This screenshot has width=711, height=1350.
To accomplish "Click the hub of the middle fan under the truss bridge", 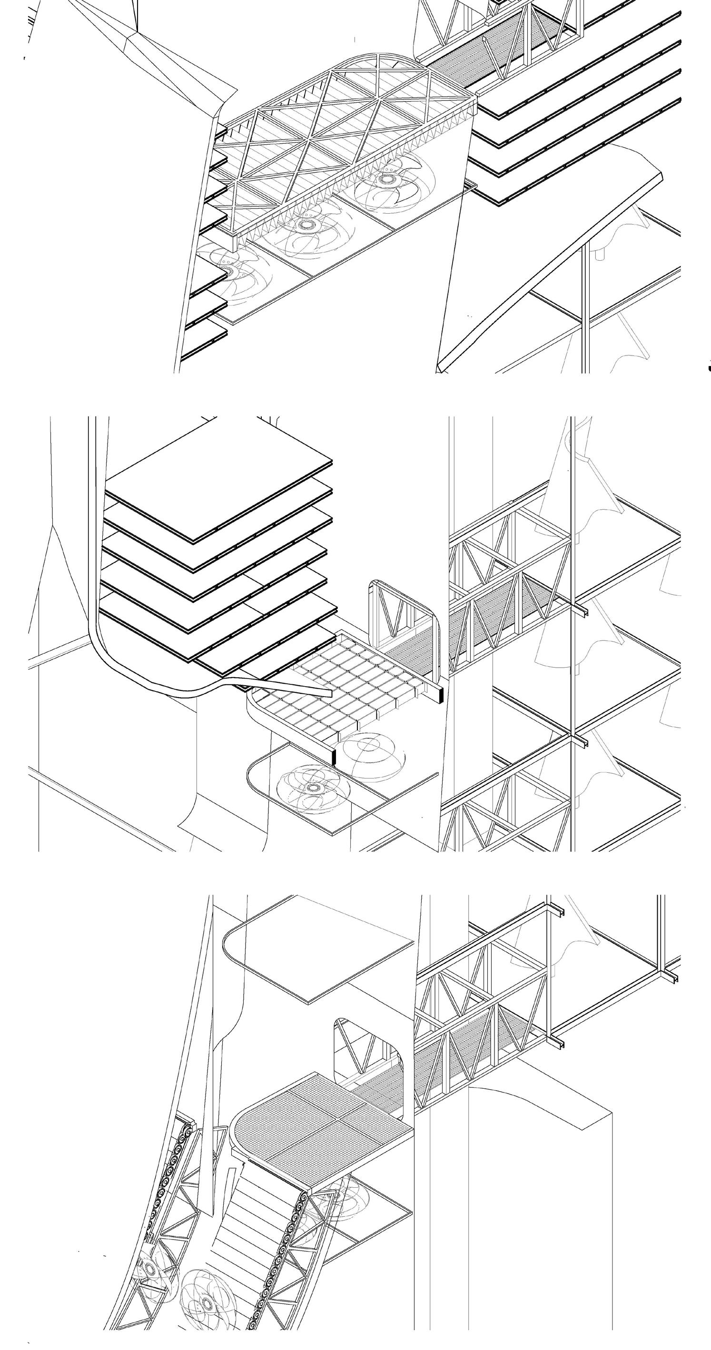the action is pyautogui.click(x=305, y=226).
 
